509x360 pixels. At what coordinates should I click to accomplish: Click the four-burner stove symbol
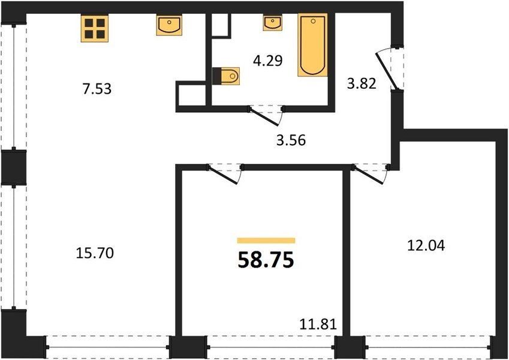(95, 29)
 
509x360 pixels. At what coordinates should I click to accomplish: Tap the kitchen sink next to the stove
(169, 25)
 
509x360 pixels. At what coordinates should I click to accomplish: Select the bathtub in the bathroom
(312, 45)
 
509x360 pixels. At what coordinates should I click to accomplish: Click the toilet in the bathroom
(226, 76)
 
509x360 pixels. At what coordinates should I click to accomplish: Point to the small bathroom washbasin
(272, 23)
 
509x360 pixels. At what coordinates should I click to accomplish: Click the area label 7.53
(97, 89)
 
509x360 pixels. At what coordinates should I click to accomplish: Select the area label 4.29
(268, 61)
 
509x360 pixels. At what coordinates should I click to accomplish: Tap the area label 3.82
(362, 83)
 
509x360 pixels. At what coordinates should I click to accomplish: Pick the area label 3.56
(291, 140)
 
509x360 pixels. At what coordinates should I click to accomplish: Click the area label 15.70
(95, 253)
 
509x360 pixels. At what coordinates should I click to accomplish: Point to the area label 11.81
(318, 324)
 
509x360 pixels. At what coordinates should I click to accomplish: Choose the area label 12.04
(426, 245)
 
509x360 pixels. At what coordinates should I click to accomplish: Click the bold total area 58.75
(266, 260)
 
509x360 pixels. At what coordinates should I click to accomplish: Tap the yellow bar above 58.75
(266, 241)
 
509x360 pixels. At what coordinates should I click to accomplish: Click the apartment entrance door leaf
(386, 71)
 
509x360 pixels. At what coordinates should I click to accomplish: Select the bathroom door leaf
(264, 116)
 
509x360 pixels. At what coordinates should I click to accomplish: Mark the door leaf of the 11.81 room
(224, 175)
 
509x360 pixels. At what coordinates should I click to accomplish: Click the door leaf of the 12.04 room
(370, 175)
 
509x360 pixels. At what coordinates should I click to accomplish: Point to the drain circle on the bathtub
(313, 22)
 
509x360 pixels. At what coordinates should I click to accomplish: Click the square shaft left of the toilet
(191, 97)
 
